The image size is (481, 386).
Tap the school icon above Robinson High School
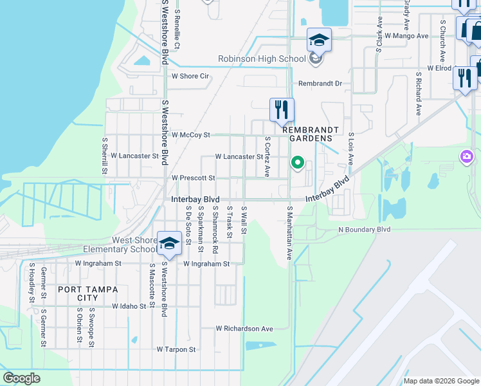319,41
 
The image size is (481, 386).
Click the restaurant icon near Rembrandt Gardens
281,110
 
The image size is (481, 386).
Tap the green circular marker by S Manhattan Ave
297,162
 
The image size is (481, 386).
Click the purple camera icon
467,156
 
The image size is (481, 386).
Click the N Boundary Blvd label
365,229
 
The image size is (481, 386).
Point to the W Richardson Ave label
244,328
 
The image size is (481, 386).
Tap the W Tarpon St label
176,349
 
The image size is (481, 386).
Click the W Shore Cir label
190,76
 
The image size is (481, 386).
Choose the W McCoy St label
191,135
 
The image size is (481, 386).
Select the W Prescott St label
193,178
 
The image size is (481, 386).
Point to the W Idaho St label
129,306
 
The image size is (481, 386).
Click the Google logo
21,378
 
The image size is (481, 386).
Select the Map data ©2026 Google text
441,381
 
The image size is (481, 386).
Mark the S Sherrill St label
104,155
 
